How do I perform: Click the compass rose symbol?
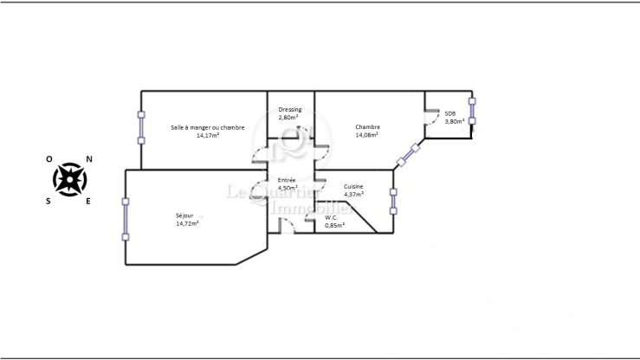click(69, 179)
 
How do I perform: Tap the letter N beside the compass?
click(88, 159)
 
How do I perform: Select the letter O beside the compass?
click(49, 159)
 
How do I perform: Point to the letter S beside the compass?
click(49, 201)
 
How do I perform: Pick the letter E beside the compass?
click(88, 201)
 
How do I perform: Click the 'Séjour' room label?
click(184, 215)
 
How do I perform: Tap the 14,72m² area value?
click(187, 223)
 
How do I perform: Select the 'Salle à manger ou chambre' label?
click(208, 127)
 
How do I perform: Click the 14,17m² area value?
click(208, 135)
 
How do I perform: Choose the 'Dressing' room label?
click(290, 109)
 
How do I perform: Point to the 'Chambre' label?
click(367, 127)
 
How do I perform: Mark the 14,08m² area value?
click(367, 135)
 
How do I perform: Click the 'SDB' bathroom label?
click(450, 113)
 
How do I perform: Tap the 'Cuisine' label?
click(353, 187)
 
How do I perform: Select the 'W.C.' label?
click(331, 217)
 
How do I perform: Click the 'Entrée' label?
click(286, 179)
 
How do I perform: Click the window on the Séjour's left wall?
click(126, 219)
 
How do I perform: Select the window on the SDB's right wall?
click(472, 111)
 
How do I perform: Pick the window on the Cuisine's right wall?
click(393, 201)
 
